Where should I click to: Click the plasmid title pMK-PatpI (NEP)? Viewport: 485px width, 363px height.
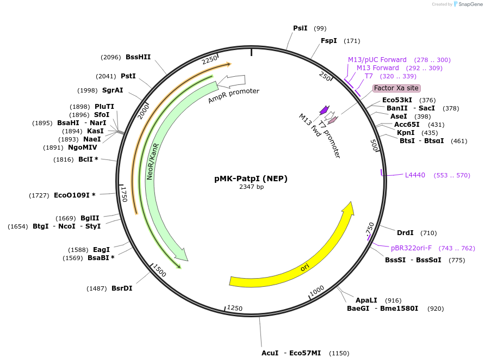[x=251, y=179]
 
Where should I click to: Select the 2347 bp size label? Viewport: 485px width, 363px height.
[x=251, y=187]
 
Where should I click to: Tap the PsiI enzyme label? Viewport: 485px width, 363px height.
[x=300, y=28]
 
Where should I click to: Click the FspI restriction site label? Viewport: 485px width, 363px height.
[x=328, y=41]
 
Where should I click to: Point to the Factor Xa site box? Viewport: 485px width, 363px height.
[x=396, y=88]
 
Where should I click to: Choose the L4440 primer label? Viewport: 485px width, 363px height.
[x=415, y=175]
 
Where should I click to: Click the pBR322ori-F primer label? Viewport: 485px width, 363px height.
[x=411, y=248]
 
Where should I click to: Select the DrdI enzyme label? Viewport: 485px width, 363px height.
[x=405, y=233]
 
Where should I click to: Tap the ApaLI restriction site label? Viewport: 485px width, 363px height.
[x=366, y=300]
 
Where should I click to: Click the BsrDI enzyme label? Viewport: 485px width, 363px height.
[x=122, y=288]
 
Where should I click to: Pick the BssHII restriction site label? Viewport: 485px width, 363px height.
[x=138, y=57]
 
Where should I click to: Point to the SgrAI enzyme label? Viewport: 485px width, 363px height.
[x=113, y=90]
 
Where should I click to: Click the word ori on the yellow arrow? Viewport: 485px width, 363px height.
[x=305, y=268]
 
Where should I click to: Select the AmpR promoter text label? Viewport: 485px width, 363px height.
[x=233, y=95]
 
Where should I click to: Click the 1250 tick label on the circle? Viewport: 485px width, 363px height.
[x=234, y=308]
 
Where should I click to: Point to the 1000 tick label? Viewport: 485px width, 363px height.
[x=317, y=291]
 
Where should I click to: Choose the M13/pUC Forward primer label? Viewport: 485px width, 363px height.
[x=377, y=60]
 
